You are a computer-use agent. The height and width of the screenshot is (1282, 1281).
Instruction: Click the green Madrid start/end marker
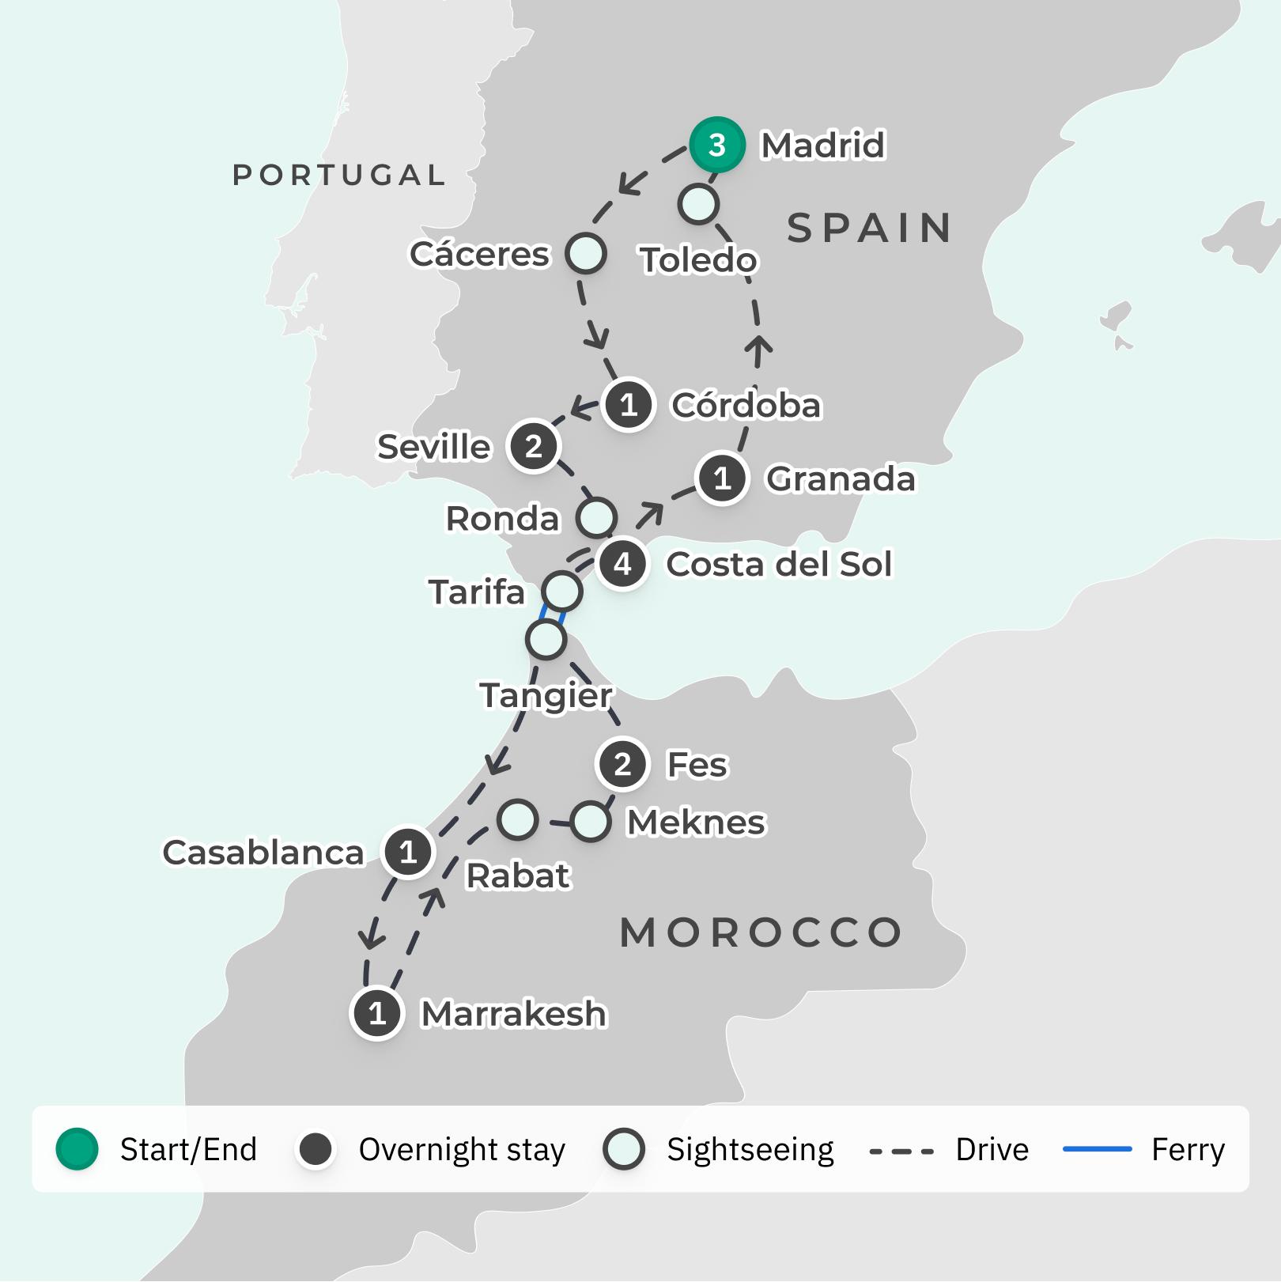pos(716,145)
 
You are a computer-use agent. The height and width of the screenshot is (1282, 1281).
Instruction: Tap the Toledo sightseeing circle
pos(698,204)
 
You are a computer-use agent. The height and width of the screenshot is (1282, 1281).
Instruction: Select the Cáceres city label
pos(479,254)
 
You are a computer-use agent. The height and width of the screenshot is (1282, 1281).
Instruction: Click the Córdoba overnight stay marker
pos(629,405)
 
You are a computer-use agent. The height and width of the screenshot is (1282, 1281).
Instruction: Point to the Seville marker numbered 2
pos(534,447)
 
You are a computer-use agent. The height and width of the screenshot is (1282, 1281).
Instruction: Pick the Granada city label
pos(840,478)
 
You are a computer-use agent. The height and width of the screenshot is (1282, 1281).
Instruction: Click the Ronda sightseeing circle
pos(596,517)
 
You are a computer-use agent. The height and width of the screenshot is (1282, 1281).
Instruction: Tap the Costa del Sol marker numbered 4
pos(623,564)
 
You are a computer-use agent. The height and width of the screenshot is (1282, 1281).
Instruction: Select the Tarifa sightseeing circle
pos(562,591)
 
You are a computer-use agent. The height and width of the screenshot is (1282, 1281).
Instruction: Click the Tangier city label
pos(546,695)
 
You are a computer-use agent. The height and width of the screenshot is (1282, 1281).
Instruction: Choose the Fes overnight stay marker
pos(622,764)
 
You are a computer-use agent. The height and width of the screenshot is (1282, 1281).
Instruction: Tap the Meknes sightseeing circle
pos(590,822)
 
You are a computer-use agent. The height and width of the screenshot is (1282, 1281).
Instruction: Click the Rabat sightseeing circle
pos(518,819)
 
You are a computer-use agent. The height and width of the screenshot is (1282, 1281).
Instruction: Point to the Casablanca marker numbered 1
pos(408,852)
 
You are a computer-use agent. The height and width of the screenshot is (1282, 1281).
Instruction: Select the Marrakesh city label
pos(513,1013)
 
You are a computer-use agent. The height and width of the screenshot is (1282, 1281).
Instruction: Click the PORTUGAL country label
pos(339,175)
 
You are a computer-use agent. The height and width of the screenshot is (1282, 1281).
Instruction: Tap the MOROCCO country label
pos(761,932)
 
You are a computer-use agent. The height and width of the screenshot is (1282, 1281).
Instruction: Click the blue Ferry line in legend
pos(1097,1148)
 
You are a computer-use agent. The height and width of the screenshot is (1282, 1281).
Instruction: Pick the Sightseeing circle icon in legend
pos(623,1148)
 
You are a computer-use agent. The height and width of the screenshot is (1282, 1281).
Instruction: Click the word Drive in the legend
pos(992,1149)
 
